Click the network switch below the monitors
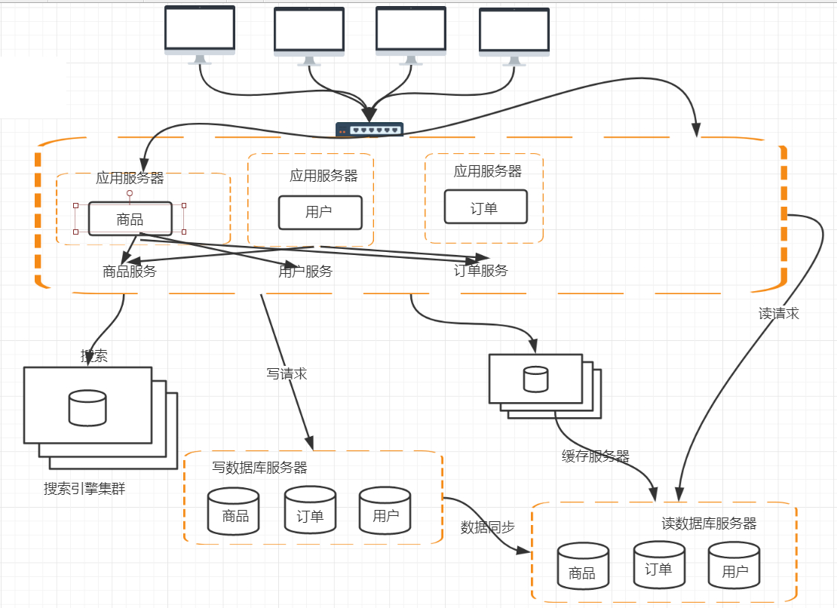click(369, 130)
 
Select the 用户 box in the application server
click(320, 212)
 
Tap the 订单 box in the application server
click(485, 207)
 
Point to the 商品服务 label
click(130, 272)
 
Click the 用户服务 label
click(305, 272)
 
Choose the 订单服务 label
click(481, 271)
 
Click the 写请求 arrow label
click(287, 373)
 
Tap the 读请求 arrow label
click(778, 314)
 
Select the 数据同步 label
click(487, 527)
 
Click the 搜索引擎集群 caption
click(84, 489)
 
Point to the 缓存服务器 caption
click(595, 456)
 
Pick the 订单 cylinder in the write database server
click(310, 511)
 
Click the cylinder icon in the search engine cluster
click(87, 407)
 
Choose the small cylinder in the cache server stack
click(535, 379)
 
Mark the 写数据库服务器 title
click(260, 468)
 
